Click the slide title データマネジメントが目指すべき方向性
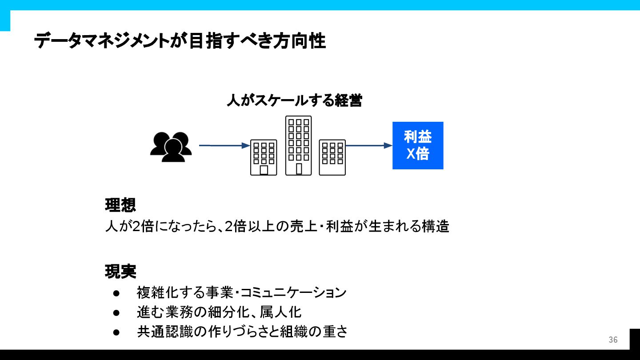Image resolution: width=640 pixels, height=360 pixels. (180, 41)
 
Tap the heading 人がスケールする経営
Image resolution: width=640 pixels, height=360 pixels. (294, 100)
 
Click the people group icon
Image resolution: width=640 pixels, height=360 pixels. (171, 147)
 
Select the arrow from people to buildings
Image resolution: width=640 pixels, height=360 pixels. (224, 145)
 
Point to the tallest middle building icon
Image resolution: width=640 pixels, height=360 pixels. (298, 145)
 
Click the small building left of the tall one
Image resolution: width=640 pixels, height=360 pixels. (264, 157)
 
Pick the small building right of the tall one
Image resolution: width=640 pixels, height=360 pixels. (332, 157)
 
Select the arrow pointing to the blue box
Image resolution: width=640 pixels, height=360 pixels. (369, 145)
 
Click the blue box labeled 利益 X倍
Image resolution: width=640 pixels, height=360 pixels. (418, 145)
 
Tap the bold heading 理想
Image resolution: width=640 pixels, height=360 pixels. (120, 205)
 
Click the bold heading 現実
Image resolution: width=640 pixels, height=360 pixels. (120, 271)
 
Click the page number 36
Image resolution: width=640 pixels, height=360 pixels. (613, 340)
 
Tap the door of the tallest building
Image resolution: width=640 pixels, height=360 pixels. (299, 169)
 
